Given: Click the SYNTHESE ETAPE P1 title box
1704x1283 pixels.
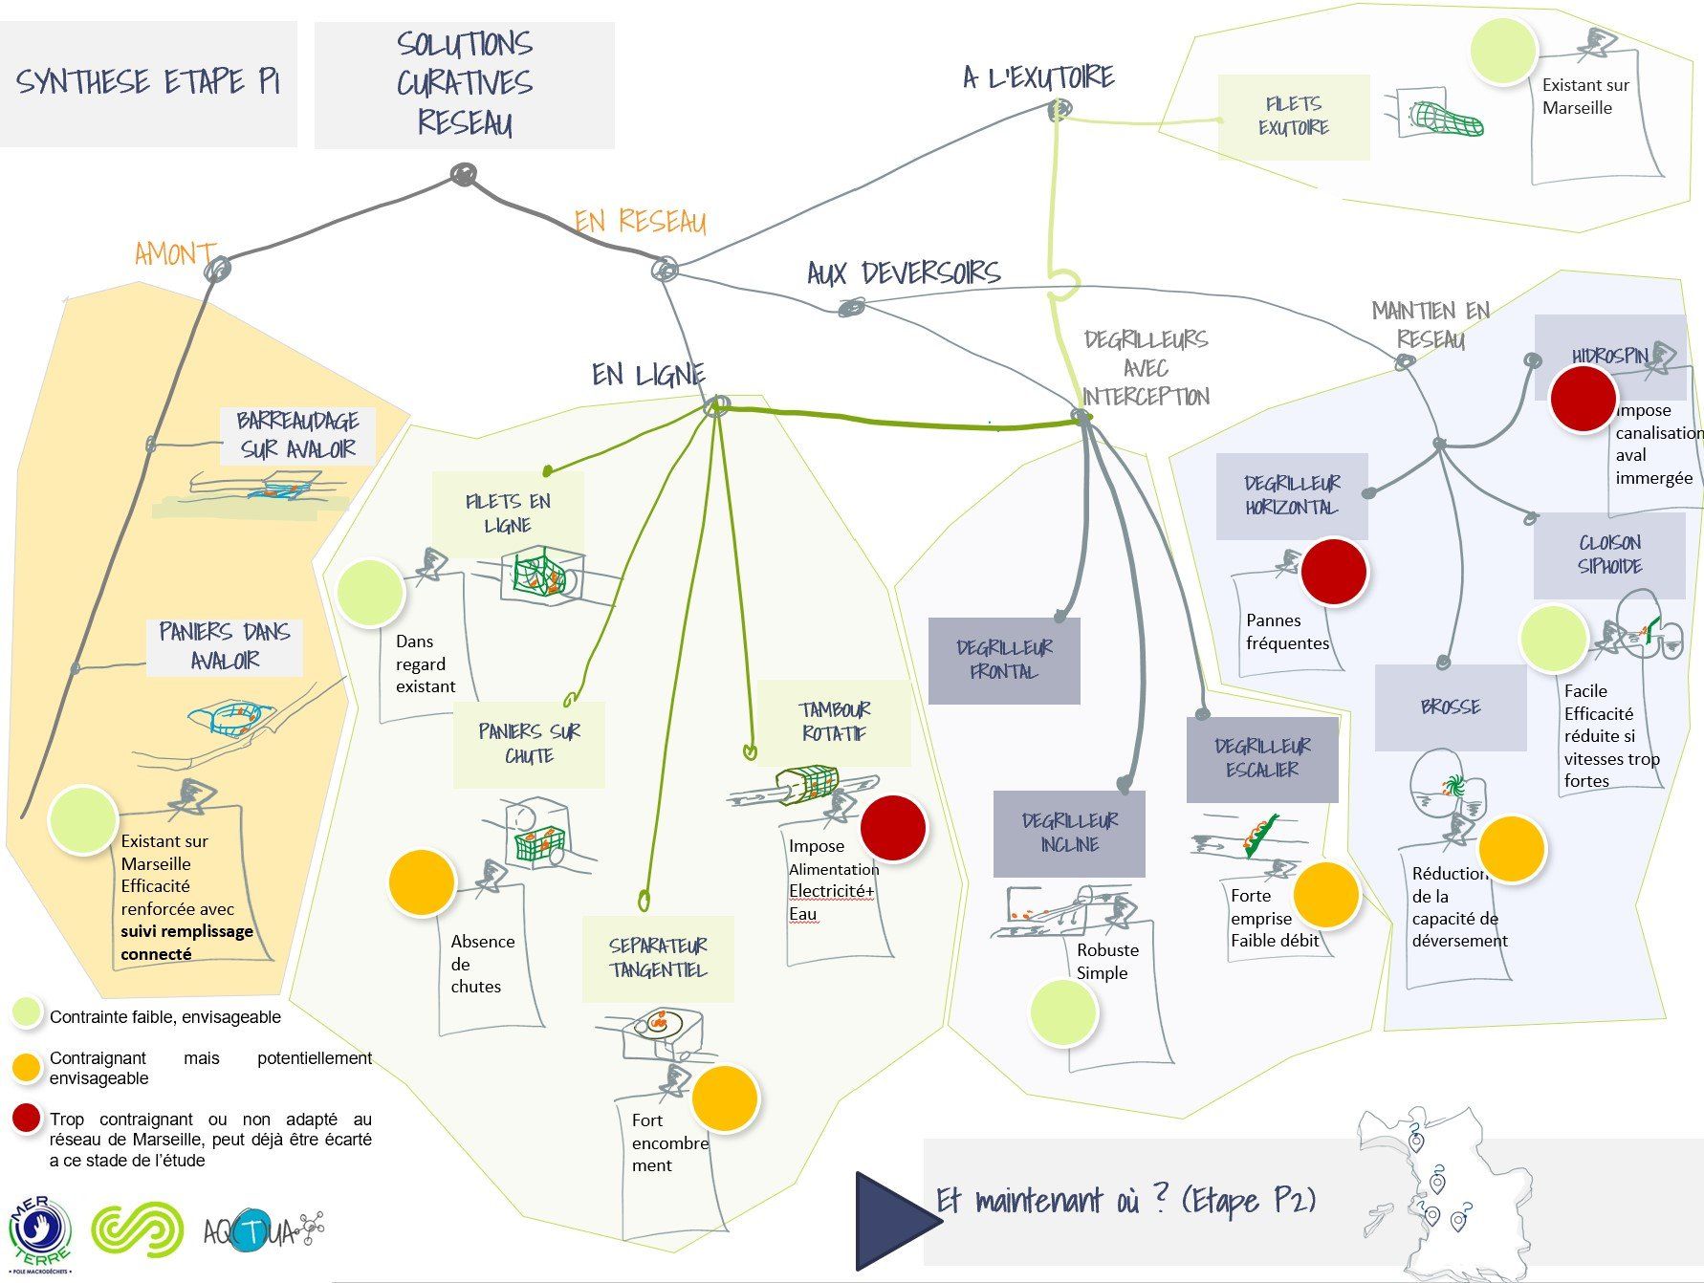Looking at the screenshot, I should coord(148,83).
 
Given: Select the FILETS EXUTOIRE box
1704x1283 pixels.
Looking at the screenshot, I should coord(1293,117).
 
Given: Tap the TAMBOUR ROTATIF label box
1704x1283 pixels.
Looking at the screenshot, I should coord(834,722).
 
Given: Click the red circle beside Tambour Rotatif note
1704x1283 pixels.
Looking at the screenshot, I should coord(892,827).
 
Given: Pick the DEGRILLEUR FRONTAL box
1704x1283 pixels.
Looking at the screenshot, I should coord(1003,660).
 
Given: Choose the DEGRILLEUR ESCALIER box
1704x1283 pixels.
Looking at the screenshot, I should coord(1262,758).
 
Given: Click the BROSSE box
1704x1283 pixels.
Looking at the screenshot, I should coord(1450,707).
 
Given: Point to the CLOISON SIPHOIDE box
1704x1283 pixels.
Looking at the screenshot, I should coord(1609,555).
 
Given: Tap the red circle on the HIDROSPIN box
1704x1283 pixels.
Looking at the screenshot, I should coord(1583,399).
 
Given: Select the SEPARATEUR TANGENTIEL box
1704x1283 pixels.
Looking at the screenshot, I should coord(658,958).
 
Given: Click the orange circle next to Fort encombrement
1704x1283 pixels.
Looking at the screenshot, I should coord(725,1098).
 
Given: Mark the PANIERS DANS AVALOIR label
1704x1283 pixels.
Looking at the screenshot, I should coord(225,646).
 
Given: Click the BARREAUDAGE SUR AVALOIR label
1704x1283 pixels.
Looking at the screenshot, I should coord(297,435).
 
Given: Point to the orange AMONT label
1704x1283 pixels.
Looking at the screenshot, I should coord(174,254).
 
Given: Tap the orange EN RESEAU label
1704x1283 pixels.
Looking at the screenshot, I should coord(640,222).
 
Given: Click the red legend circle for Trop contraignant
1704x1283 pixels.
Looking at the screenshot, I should coord(28,1119).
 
